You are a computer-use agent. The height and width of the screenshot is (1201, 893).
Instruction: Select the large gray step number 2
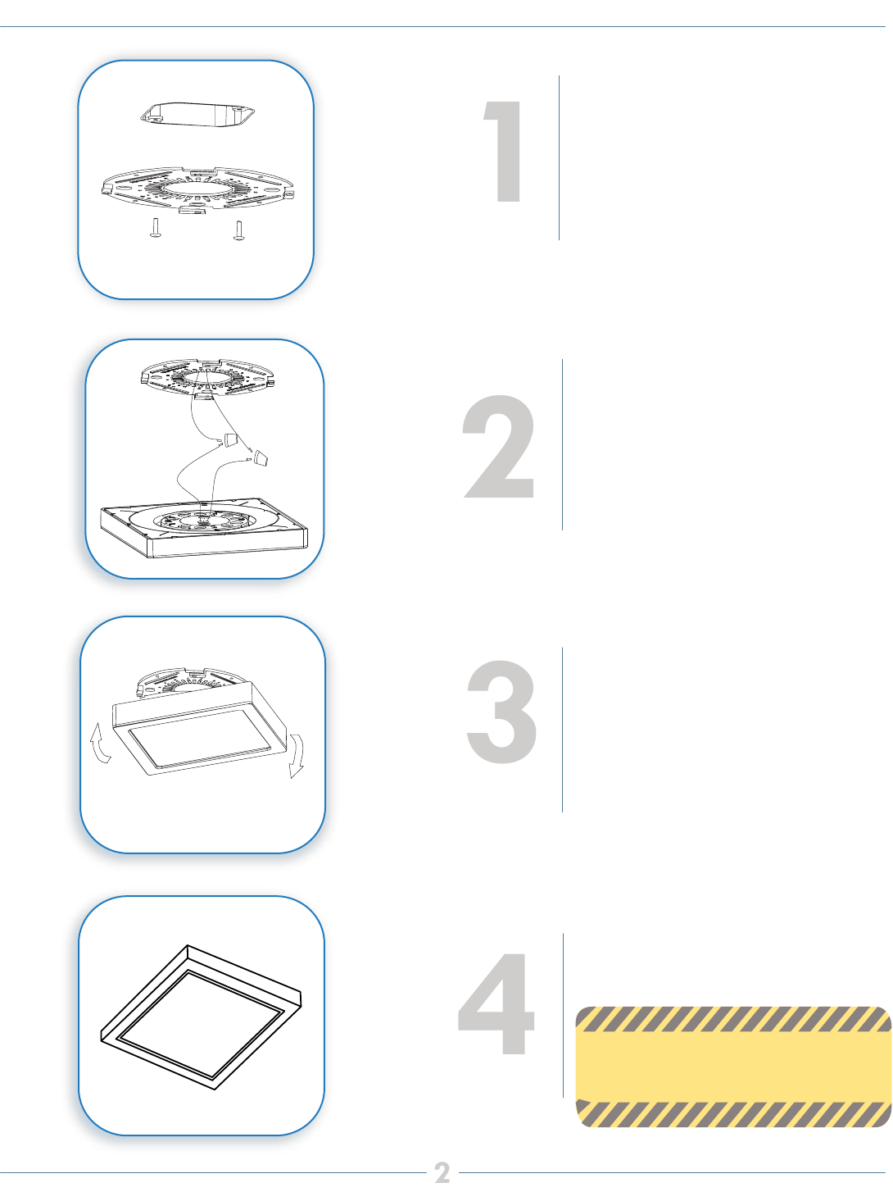click(498, 446)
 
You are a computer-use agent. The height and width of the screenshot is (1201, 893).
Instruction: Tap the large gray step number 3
click(501, 712)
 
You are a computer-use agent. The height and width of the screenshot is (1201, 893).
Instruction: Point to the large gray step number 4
click(496, 1003)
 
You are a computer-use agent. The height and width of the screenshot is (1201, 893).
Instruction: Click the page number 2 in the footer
click(442, 1173)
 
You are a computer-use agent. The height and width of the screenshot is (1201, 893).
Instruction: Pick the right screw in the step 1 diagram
click(238, 230)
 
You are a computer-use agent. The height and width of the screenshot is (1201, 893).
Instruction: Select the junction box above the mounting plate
click(197, 115)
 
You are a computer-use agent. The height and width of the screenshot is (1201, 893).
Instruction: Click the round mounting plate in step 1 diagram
click(197, 189)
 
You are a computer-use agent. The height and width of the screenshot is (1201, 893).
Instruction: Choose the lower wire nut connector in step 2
click(261, 458)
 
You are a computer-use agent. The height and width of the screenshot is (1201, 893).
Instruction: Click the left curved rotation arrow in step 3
click(101, 743)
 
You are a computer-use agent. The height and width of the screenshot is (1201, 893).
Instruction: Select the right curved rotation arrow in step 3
click(296, 755)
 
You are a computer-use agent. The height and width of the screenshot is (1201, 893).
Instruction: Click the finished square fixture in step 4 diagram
click(201, 1017)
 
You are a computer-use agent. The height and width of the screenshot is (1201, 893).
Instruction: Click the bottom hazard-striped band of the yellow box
click(733, 1113)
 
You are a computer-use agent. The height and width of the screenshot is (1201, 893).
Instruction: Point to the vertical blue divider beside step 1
click(559, 157)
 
